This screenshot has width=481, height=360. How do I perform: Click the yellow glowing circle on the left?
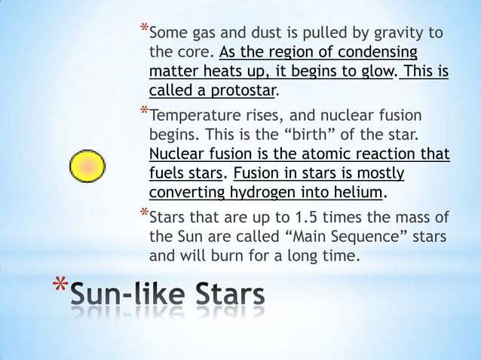(x=87, y=165)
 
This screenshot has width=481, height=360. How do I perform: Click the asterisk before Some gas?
(x=144, y=29)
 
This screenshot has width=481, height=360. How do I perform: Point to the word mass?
(x=409, y=219)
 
